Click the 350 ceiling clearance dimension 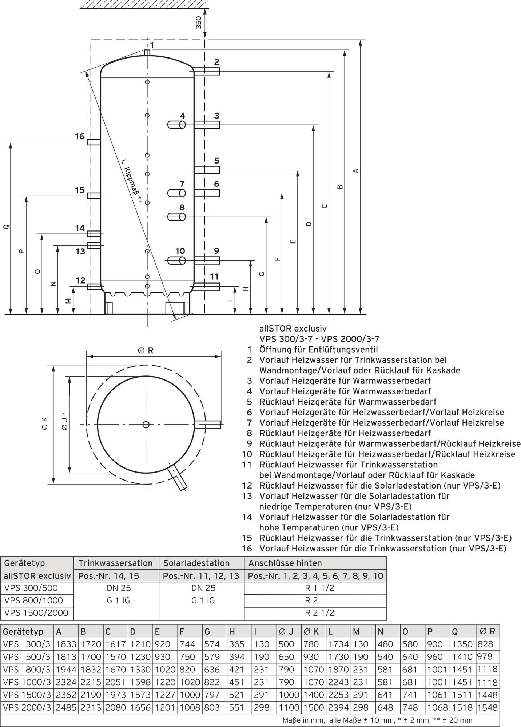point(198,23)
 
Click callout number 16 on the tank point(80,137)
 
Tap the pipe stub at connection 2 point(207,71)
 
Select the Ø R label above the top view point(146,350)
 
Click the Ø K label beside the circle point(44,424)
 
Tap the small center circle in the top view point(146,425)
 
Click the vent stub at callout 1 point(147,53)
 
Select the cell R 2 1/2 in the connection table point(315,613)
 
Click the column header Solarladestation point(196,563)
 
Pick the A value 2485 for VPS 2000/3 point(66,707)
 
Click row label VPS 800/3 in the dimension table point(27,670)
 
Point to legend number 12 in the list point(247,486)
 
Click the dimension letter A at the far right point(357,170)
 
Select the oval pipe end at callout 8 point(181,217)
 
